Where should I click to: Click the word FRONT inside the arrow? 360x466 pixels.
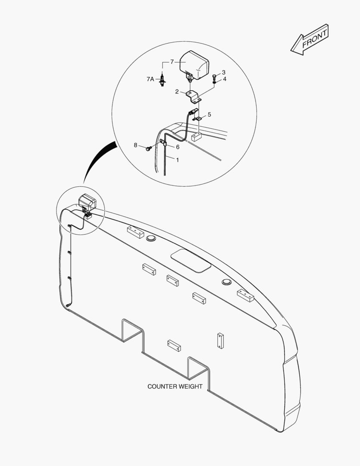tap(315, 39)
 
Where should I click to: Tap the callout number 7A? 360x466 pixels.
tap(150, 79)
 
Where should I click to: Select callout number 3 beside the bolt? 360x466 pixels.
tap(223, 72)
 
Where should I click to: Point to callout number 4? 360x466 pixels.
tap(225, 79)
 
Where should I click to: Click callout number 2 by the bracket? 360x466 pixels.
tap(177, 91)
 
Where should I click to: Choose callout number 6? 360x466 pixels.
tap(178, 147)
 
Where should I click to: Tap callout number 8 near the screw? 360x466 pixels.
tap(135, 145)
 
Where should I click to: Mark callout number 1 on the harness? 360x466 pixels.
tap(178, 160)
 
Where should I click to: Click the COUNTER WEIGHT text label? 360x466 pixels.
tap(175, 386)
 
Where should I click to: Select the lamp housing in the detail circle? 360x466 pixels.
tap(194, 66)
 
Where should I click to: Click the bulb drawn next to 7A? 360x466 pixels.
tap(162, 80)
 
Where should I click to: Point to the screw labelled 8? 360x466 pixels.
tap(148, 148)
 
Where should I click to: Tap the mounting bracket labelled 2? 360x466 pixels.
tap(194, 97)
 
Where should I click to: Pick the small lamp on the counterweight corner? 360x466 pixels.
tap(88, 202)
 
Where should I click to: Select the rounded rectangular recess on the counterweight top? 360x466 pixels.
tap(191, 260)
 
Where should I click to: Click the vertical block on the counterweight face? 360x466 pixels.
tap(220, 340)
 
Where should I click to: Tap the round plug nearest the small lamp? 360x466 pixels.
tap(151, 238)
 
